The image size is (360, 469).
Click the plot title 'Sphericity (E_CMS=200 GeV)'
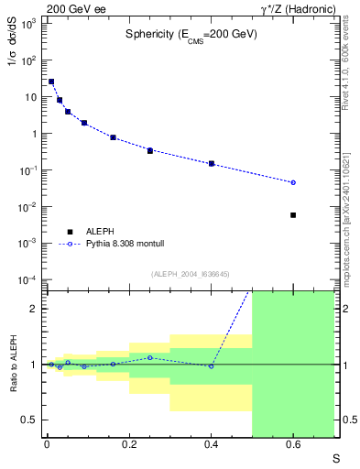[x=191, y=34]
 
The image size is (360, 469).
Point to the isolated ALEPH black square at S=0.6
[x=293, y=215]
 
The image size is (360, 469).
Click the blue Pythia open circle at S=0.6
[x=293, y=182]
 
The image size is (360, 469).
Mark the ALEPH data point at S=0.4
[x=212, y=164]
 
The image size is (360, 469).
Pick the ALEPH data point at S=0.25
[x=149, y=150]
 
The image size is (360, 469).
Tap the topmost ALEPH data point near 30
[x=51, y=82]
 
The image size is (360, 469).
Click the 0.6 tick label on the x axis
[x=293, y=446]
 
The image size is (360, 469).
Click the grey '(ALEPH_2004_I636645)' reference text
[x=190, y=273]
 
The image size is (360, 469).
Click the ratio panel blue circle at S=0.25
[x=149, y=357]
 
